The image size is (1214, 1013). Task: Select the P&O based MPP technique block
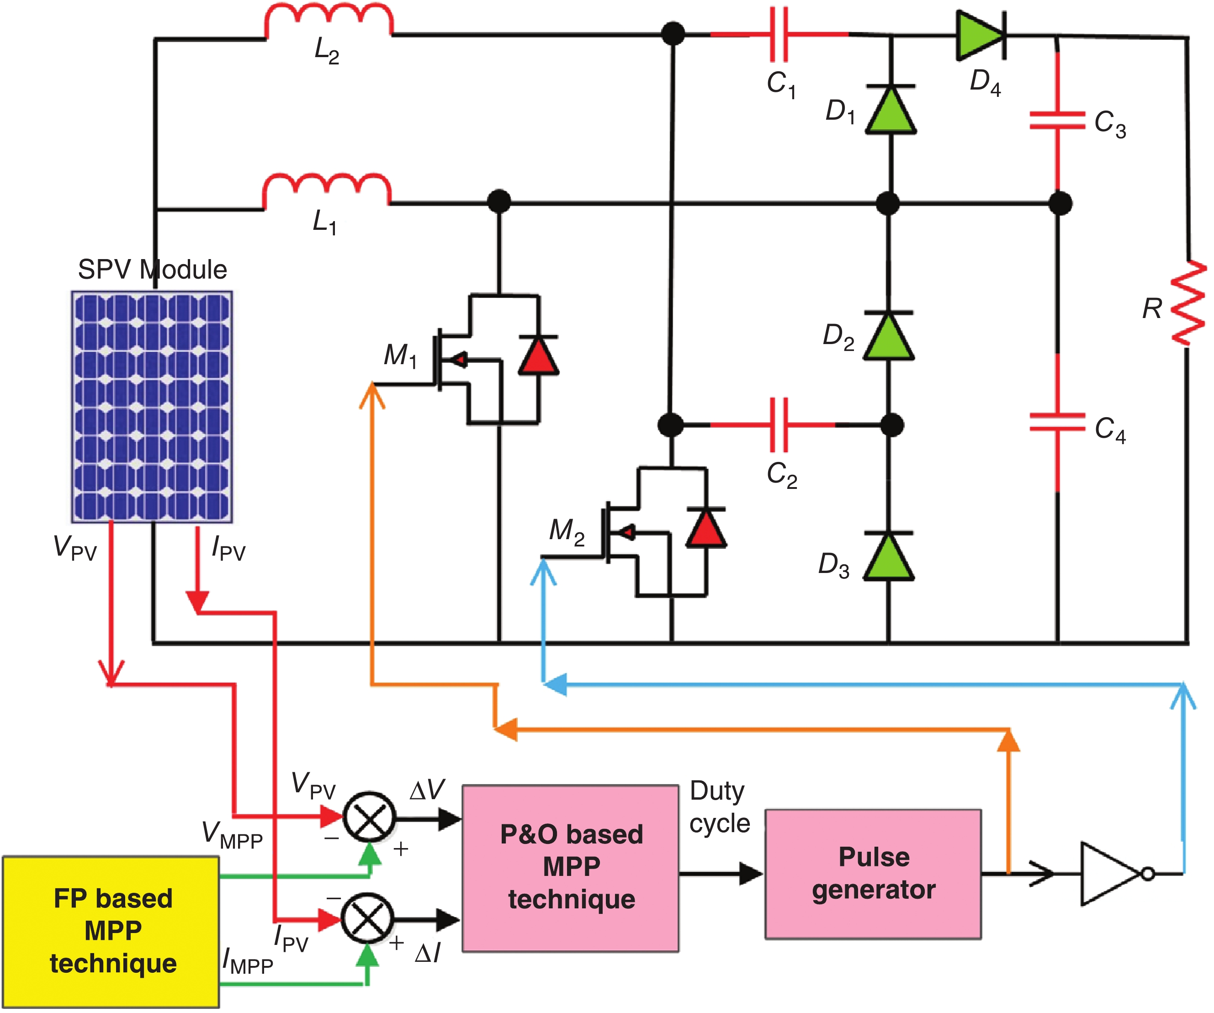(571, 868)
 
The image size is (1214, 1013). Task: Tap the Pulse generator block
(874, 874)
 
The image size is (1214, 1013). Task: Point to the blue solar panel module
(152, 407)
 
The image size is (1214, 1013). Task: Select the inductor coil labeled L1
(327, 190)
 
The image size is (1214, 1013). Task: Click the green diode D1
(890, 109)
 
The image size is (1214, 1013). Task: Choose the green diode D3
(889, 556)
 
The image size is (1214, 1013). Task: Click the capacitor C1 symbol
(779, 35)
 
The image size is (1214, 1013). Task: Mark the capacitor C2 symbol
(779, 425)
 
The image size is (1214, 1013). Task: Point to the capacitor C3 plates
(1057, 120)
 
